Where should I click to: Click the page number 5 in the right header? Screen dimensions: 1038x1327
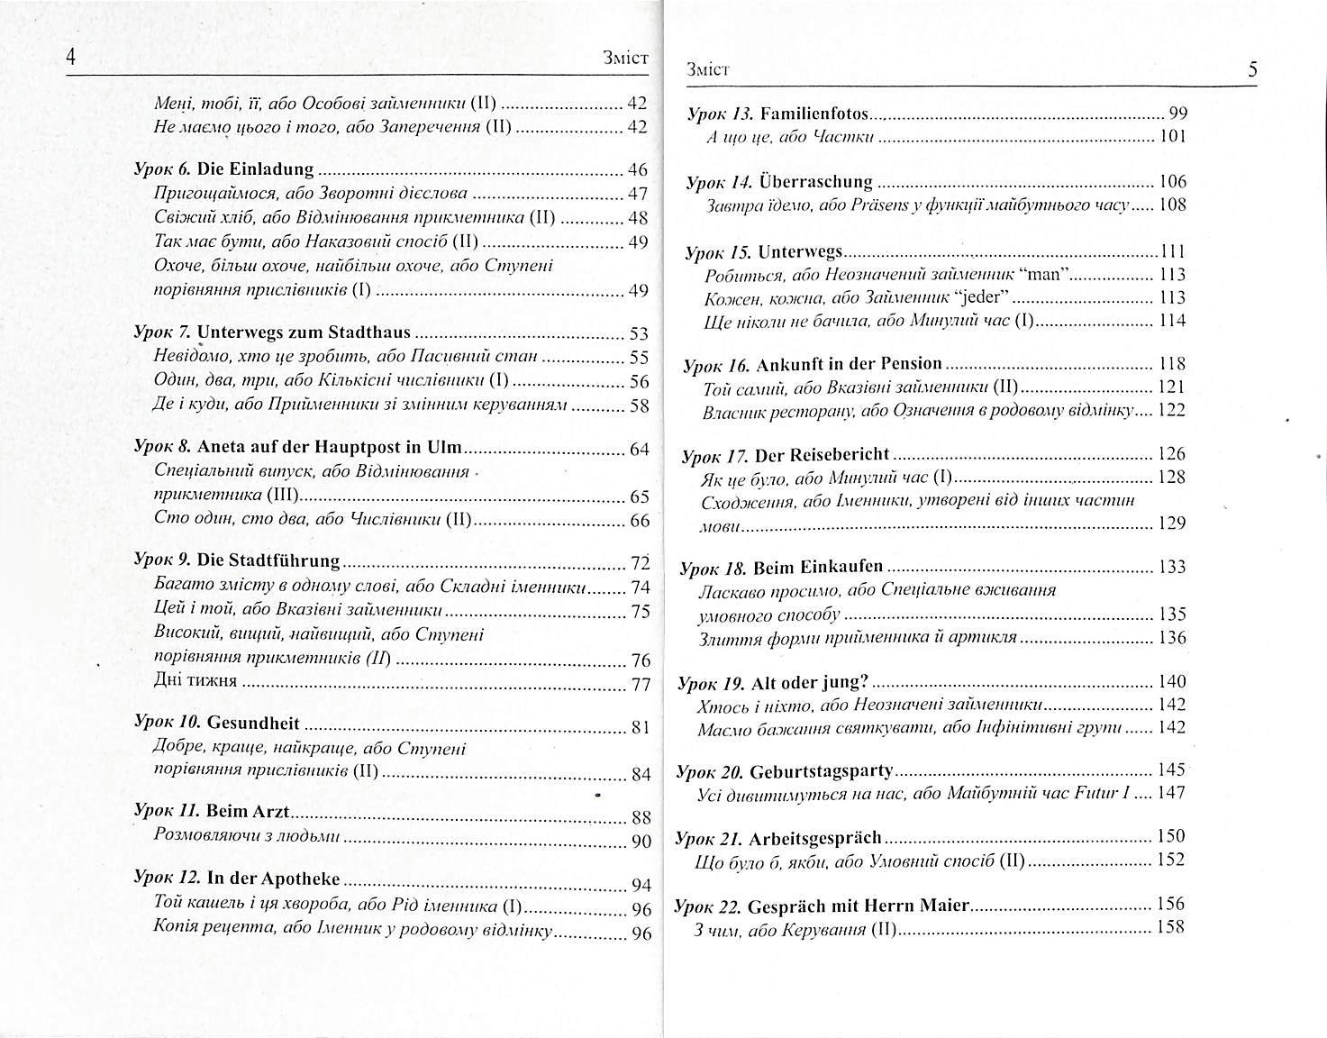(x=1253, y=69)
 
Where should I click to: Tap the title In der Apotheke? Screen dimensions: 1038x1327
(x=273, y=879)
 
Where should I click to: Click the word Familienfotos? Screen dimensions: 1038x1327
(x=814, y=114)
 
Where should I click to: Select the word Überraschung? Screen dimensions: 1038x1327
(x=816, y=182)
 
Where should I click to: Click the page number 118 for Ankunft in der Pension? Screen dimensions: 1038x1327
(x=1171, y=364)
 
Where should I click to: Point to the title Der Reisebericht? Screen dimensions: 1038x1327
(x=822, y=454)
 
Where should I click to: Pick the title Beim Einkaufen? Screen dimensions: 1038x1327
(x=818, y=569)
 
